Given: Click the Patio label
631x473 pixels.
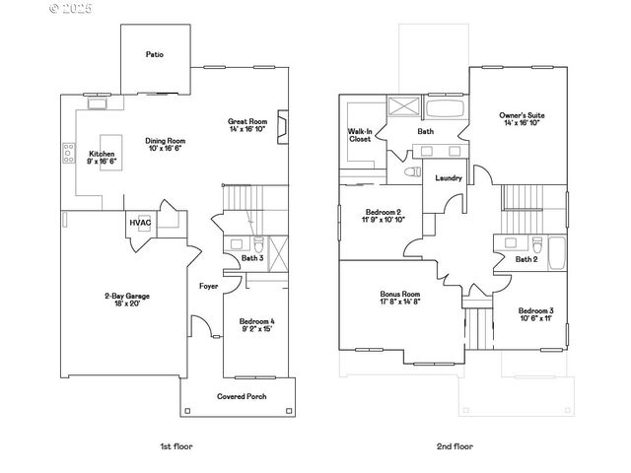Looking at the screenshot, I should [x=155, y=54].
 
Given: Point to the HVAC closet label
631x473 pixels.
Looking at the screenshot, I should [x=139, y=223].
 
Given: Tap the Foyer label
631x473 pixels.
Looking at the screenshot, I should [x=208, y=286].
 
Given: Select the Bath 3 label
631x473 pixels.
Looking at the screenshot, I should [x=253, y=259].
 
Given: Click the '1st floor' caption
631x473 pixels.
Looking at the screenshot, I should [x=176, y=446].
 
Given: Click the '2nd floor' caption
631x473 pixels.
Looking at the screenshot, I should [x=455, y=446].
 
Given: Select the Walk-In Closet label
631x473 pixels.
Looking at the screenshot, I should [x=359, y=135].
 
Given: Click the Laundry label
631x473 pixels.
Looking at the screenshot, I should [x=450, y=178].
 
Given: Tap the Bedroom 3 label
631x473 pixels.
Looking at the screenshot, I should [x=536, y=313].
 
